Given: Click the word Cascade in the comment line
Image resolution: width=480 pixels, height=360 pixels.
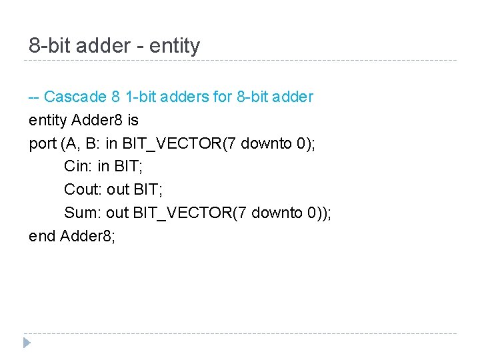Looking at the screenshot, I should [x=75, y=97].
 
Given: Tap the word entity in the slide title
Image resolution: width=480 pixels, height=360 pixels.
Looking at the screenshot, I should [x=175, y=46].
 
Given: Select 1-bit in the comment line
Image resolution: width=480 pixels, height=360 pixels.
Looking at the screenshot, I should [x=145, y=97].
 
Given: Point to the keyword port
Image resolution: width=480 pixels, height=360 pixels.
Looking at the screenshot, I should [x=43, y=143].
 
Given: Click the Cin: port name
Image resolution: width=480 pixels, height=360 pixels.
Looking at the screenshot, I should [x=78, y=166].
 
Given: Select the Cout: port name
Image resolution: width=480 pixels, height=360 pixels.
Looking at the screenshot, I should [x=83, y=189].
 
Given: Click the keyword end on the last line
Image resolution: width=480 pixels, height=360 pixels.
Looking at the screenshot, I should [x=42, y=236].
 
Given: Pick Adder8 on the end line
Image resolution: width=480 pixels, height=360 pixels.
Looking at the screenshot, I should [x=88, y=236].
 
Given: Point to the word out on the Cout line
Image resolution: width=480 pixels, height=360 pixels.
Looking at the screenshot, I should [x=118, y=189].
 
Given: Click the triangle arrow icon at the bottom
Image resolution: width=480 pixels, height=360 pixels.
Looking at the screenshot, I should [x=27, y=343].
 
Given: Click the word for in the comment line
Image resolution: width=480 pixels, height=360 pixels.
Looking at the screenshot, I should [x=223, y=97].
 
